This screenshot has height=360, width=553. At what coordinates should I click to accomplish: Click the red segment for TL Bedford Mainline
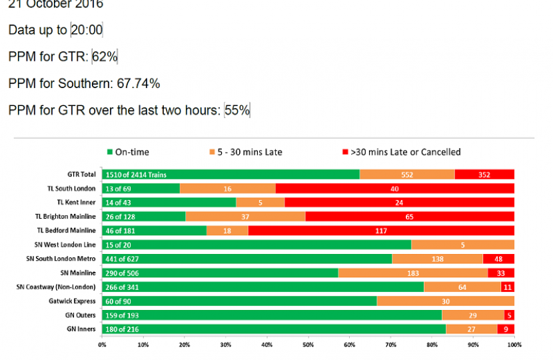[381, 231]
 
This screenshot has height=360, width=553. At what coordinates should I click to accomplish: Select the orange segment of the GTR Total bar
[407, 174]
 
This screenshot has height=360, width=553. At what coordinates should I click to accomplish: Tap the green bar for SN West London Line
[257, 245]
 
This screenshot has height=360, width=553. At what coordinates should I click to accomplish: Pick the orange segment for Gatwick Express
[446, 301]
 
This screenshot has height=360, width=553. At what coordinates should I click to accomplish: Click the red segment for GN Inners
[506, 329]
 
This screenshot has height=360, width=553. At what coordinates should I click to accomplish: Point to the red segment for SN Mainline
[501, 273]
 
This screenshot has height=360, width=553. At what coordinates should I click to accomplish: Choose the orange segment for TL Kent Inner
[261, 203]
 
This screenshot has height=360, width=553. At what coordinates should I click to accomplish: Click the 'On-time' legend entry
[128, 152]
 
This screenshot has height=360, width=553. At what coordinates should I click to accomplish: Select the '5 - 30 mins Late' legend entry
[247, 152]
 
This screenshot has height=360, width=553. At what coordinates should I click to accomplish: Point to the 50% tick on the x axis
[308, 345]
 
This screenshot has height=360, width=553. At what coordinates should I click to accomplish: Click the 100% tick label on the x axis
[514, 345]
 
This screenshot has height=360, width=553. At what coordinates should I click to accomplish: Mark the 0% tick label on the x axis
[102, 345]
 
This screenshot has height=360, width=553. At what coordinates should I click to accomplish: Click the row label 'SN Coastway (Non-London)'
[57, 287]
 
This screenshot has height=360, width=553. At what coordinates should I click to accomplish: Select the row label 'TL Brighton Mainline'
[65, 217]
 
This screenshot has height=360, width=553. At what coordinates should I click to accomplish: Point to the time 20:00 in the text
[87, 30]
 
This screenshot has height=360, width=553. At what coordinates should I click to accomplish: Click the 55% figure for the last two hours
[237, 110]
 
